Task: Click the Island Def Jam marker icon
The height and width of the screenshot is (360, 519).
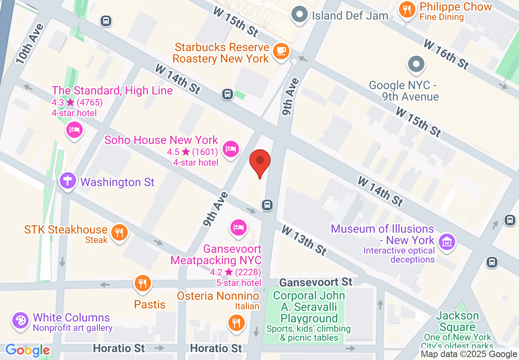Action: [x=300, y=15]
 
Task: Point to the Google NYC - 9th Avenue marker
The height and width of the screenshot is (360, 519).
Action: [x=416, y=65]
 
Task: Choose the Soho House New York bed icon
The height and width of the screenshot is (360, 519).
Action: [x=230, y=148]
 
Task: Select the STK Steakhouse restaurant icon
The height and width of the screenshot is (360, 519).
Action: [x=119, y=233]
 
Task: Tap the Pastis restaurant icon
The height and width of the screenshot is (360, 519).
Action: [x=142, y=283]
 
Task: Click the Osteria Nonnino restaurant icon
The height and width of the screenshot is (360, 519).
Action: [x=236, y=323]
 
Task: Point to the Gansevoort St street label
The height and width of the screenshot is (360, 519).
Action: [x=316, y=282]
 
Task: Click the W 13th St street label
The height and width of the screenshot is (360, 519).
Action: [x=304, y=240]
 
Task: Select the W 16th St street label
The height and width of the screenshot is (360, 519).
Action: [x=446, y=54]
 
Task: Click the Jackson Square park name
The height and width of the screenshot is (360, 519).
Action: [x=457, y=322]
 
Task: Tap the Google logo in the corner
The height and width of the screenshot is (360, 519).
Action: [x=27, y=350]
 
